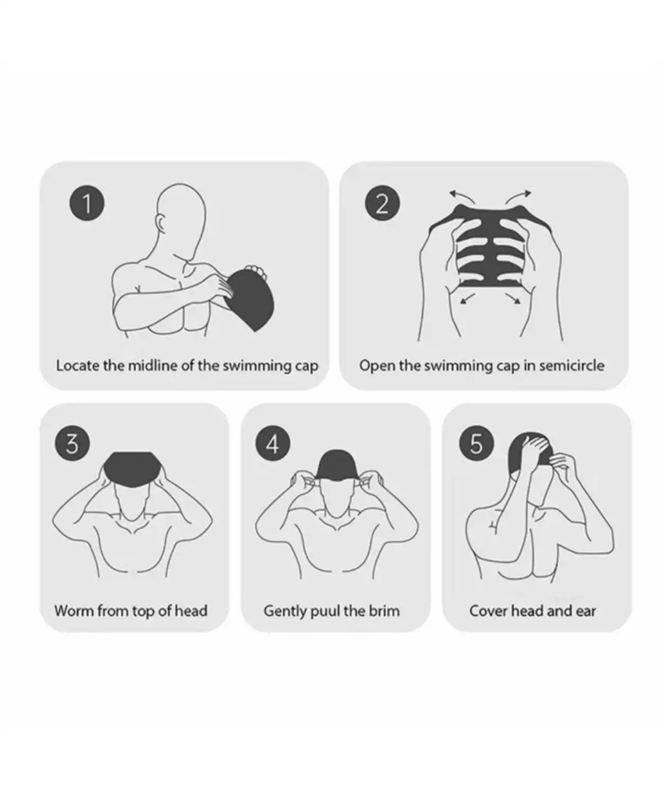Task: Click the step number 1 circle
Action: pyautogui.click(x=87, y=203)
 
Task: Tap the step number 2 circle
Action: pyautogui.click(x=382, y=203)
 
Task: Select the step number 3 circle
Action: pyautogui.click(x=72, y=444)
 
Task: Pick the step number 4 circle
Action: pyautogui.click(x=272, y=444)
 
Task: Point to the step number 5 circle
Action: pyautogui.click(x=476, y=444)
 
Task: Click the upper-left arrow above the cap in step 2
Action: pyautogui.click(x=461, y=197)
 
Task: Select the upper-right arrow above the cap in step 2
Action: pyautogui.click(x=518, y=197)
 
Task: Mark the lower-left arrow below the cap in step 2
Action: pyautogui.click(x=467, y=298)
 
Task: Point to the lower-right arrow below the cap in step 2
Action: pyautogui.click(x=513, y=298)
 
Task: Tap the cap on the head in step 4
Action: pyautogui.click(x=336, y=464)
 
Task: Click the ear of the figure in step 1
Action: pyautogui.click(x=160, y=224)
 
